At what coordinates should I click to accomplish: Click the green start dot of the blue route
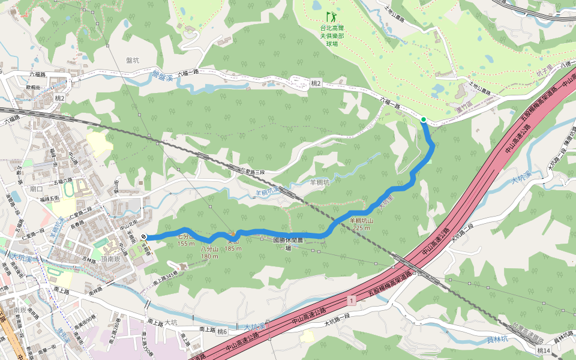[424, 120]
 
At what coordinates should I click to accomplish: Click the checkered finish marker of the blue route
[145, 238]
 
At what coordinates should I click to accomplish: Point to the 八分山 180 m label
[210, 252]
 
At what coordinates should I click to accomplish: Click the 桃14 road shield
[543, 350]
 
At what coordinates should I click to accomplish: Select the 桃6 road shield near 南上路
[223, 331]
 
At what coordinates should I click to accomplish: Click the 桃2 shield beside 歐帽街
[59, 97]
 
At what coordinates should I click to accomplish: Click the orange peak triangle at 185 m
[233, 233]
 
